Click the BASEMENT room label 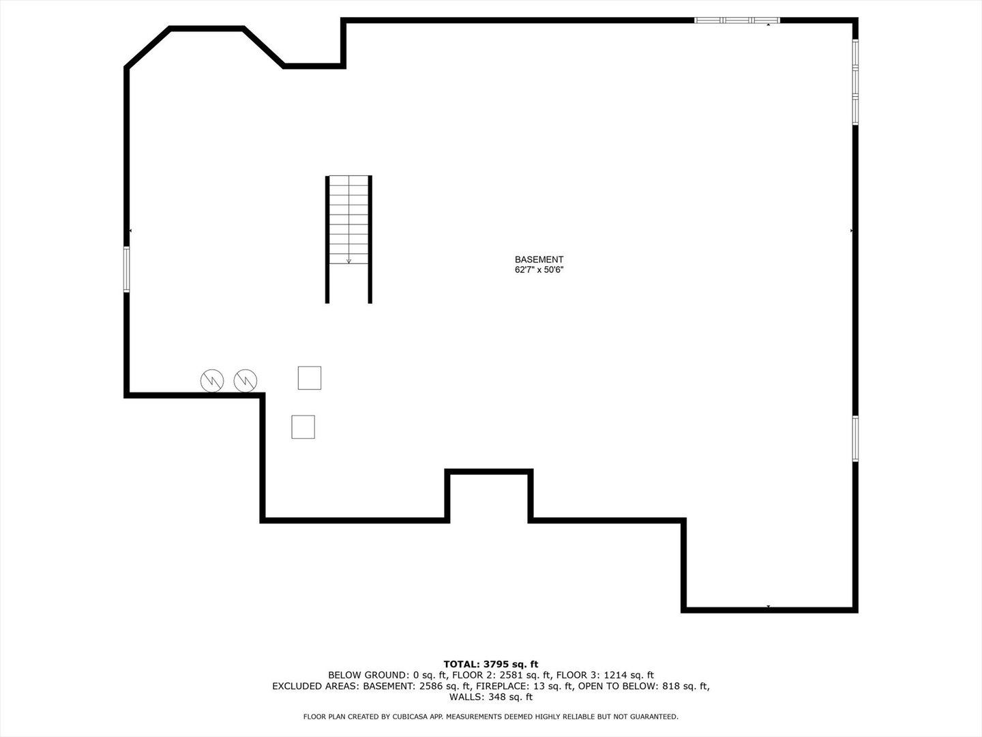(539, 259)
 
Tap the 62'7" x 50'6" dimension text (539, 270)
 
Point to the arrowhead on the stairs (348, 261)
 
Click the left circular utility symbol (211, 380)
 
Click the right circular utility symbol (245, 380)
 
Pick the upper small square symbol (310, 377)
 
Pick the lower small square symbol (303, 427)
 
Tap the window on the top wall (736, 20)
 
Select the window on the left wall (127, 270)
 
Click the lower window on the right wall (855, 439)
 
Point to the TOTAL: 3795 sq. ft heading (491, 664)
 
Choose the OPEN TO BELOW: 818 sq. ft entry (644, 686)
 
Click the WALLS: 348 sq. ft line (491, 697)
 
